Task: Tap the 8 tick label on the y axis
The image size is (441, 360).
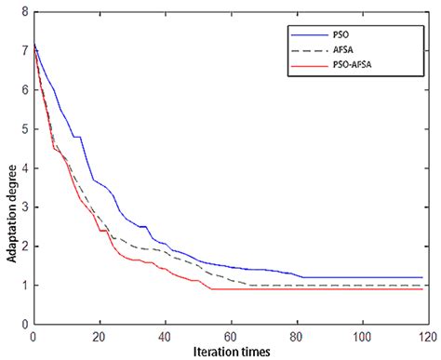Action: pyautogui.click(x=23, y=13)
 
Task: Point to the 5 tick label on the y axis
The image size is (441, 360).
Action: pyautogui.click(x=23, y=129)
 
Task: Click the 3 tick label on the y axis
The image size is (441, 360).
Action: pyautogui.click(x=23, y=207)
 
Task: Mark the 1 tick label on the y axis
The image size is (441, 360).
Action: pyautogui.click(x=23, y=286)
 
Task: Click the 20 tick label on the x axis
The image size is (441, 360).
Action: pyautogui.click(x=99, y=335)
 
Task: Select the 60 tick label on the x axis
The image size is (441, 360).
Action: pyautogui.click(x=231, y=335)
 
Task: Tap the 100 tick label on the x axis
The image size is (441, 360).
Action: pyautogui.click(x=362, y=335)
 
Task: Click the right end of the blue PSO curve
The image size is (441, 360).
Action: pyautogui.click(x=423, y=277)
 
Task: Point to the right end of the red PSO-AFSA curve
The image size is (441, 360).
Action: pyautogui.click(x=423, y=289)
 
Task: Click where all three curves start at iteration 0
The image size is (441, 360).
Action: pyautogui.click(x=33, y=44)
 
